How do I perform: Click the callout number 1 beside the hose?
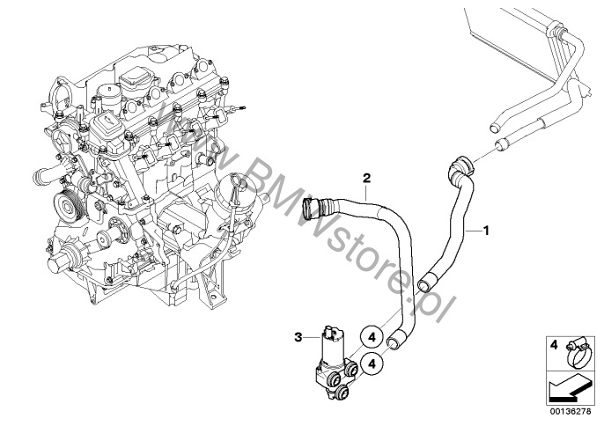pyautogui.click(x=486, y=231)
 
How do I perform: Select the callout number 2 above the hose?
pyautogui.click(x=366, y=178)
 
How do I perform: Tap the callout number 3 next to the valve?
pyautogui.click(x=298, y=338)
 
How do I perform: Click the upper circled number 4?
pyautogui.click(x=372, y=337)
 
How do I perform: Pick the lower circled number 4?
pyautogui.click(x=372, y=364)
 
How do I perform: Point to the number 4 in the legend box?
pyautogui.click(x=553, y=345)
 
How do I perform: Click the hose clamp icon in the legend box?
pyautogui.click(x=578, y=353)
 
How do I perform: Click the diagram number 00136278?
pyautogui.click(x=570, y=411)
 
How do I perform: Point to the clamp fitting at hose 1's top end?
pyautogui.click(x=460, y=165)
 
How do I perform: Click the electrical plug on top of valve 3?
pyautogui.click(x=331, y=329)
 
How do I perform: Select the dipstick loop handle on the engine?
pyautogui.click(x=235, y=184)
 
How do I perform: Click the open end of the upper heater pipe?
pyautogui.click(x=495, y=129)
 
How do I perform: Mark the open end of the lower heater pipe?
pyautogui.click(x=501, y=145)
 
